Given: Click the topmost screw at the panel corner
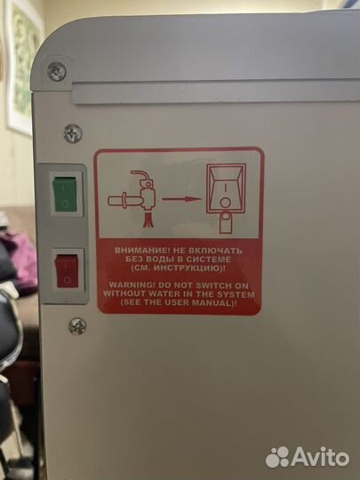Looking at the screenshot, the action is (x=57, y=72).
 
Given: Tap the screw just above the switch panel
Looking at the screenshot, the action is (x=73, y=133).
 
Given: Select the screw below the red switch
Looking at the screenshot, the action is (x=77, y=326).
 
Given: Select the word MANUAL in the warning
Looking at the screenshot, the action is (x=216, y=303).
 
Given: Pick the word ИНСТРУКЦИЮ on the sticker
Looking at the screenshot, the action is (x=188, y=268).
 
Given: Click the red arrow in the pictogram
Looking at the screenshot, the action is (x=181, y=199).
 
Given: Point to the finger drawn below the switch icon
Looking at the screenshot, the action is (x=226, y=223).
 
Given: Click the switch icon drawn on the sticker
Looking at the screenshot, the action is (x=226, y=188).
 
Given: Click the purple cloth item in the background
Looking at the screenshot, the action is (x=22, y=258).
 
